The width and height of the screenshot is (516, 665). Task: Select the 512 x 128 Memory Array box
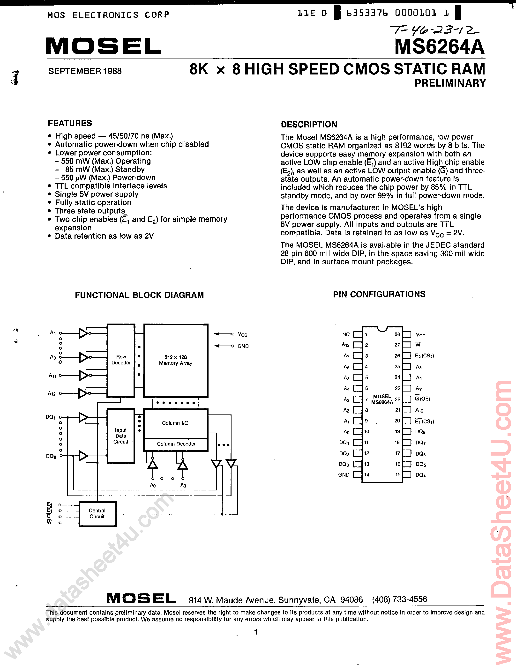[x=176, y=360]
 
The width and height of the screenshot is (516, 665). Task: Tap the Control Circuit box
[x=97, y=513]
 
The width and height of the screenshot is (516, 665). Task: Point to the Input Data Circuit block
[x=121, y=436]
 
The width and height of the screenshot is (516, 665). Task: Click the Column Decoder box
[x=176, y=444]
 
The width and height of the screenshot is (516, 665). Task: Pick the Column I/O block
[x=175, y=423]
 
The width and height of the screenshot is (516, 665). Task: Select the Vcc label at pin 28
[x=421, y=335]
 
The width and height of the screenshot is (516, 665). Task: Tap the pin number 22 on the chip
[x=397, y=399]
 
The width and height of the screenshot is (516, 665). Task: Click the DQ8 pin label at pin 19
[x=420, y=432]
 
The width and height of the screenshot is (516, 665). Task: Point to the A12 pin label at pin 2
[x=345, y=345]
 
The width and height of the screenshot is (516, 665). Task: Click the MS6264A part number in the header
[x=440, y=47]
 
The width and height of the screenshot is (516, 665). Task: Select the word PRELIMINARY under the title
[x=450, y=83]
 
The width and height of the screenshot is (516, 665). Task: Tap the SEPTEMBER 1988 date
[x=85, y=71]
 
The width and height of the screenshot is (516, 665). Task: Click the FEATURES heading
[x=70, y=123]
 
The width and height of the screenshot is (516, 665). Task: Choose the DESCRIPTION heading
[x=309, y=125]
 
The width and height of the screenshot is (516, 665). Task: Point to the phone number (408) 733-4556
[x=399, y=599]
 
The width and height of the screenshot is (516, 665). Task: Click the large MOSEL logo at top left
[x=104, y=46]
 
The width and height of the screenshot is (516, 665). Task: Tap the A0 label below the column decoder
[x=153, y=485]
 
